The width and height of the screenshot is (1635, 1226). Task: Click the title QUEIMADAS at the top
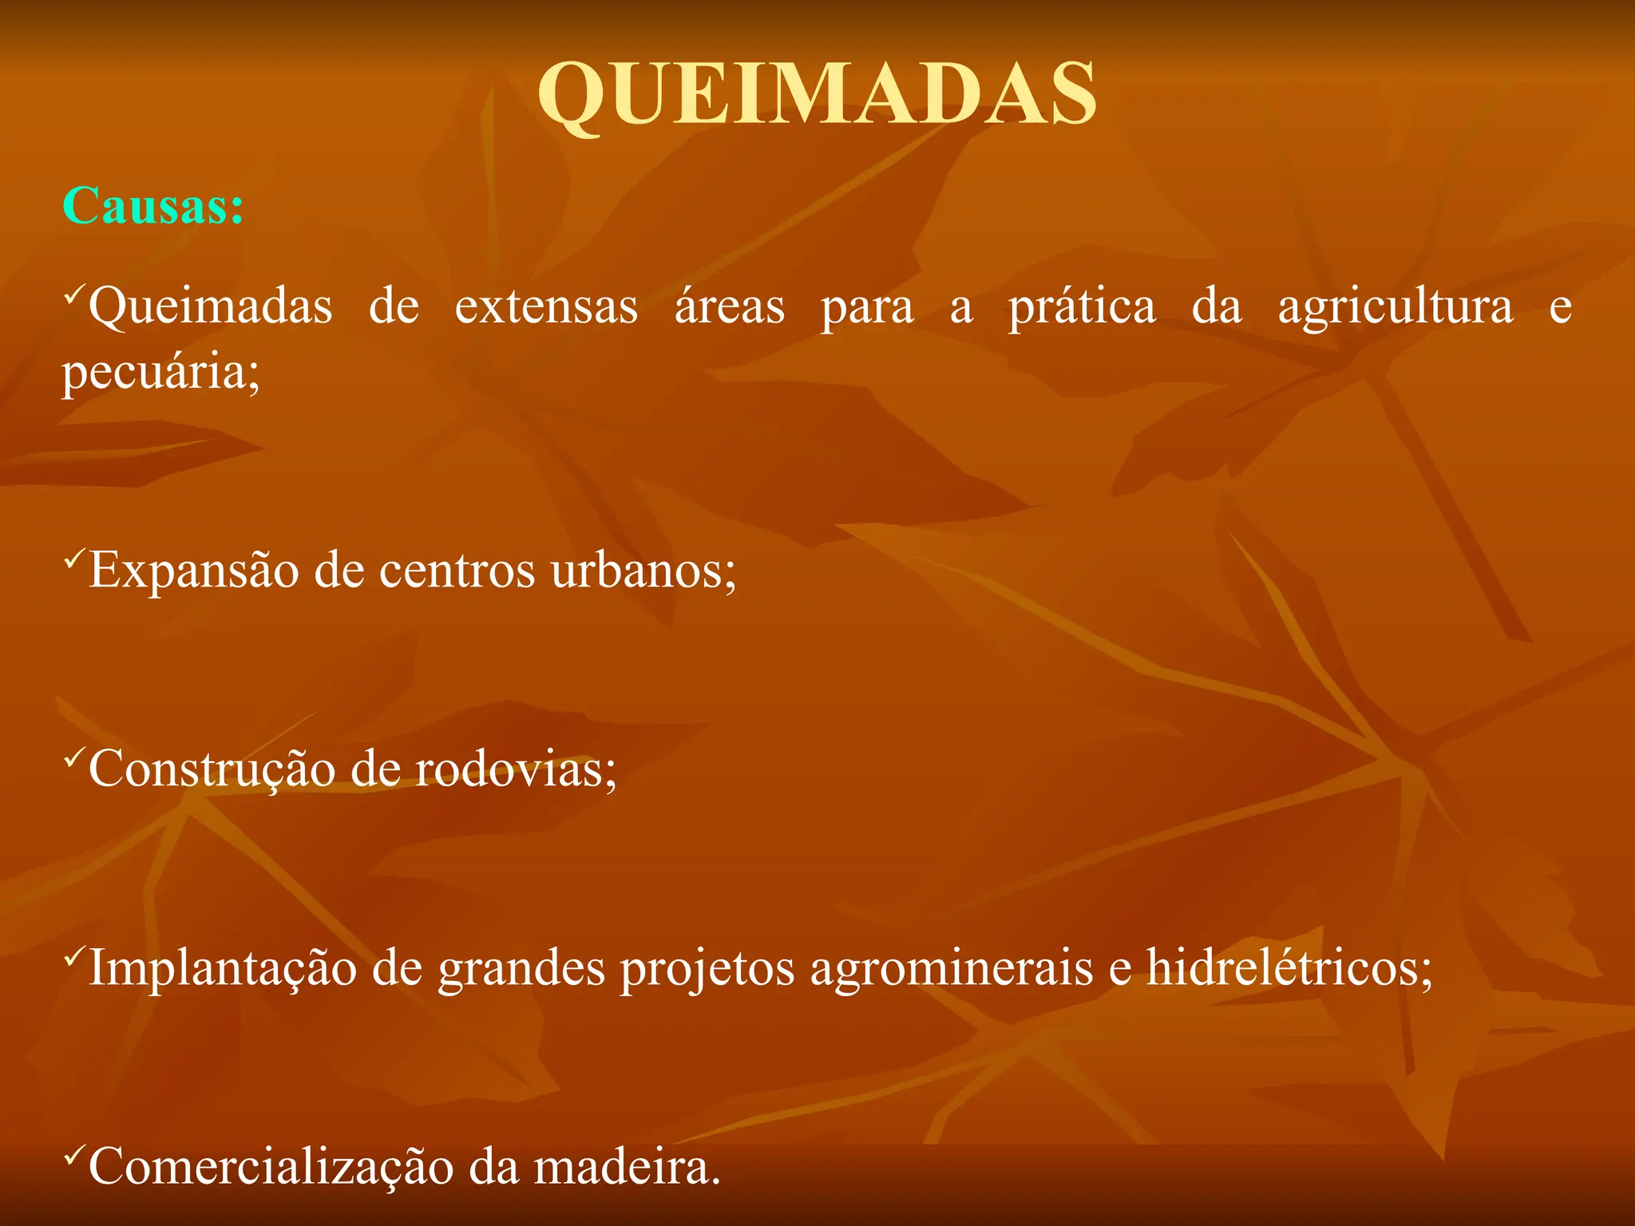[x=817, y=93]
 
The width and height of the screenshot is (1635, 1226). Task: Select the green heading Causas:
[x=152, y=206]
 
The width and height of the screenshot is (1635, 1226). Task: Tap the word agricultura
[x=1395, y=307]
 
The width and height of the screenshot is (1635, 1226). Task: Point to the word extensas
[x=546, y=307]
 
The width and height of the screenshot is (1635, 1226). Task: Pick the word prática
[x=1081, y=307]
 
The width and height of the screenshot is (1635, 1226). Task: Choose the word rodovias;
[x=516, y=770]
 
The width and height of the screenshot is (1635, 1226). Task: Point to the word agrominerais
[x=952, y=968]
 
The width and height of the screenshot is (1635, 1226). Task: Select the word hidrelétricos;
[x=1290, y=968]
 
